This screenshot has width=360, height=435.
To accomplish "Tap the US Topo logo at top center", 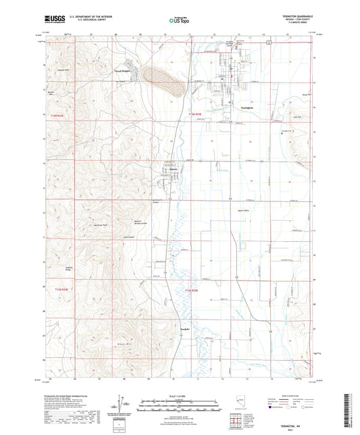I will pyautogui.click(x=179, y=22).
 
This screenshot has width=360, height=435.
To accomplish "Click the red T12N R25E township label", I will pyautogui.click(x=193, y=290).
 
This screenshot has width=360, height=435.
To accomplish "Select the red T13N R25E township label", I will pyautogui.click(x=195, y=115).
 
